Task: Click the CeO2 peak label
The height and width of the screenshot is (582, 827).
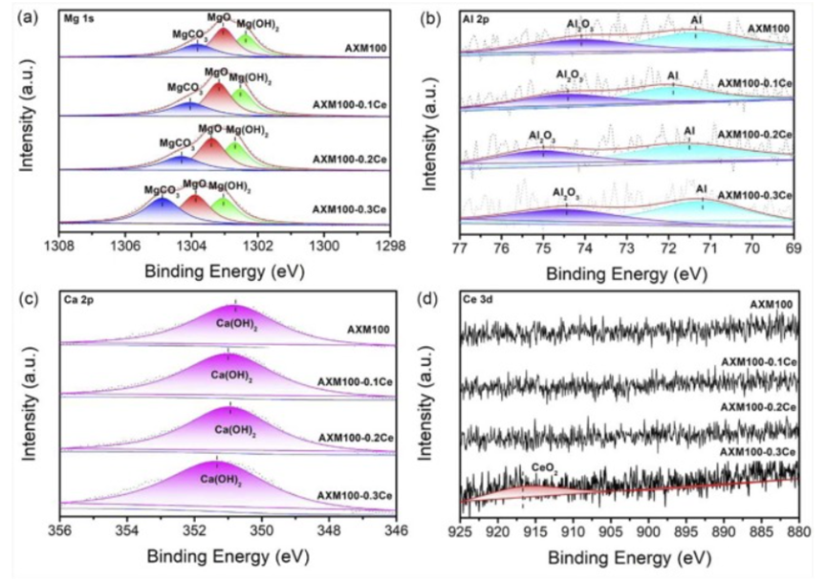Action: pyautogui.click(x=544, y=469)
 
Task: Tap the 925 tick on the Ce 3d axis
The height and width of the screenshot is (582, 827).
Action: pyautogui.click(x=460, y=530)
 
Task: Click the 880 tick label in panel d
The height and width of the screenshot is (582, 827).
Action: pyautogui.click(x=796, y=530)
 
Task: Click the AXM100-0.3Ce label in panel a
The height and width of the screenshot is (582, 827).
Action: pyautogui.click(x=351, y=207)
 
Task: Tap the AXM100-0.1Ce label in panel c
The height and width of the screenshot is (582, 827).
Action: pyautogui.click(x=355, y=381)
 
